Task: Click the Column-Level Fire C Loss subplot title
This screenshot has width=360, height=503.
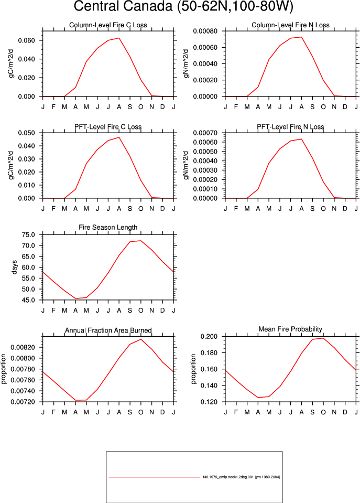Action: [108, 25]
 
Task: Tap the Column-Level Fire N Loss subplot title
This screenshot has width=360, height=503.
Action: [290, 25]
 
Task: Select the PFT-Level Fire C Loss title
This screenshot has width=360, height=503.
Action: [108, 127]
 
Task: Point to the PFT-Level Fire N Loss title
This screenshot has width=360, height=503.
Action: [290, 127]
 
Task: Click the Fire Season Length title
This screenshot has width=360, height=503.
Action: [108, 228]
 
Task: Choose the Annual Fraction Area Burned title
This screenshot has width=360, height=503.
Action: [108, 330]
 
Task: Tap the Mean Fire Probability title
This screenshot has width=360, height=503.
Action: [290, 329]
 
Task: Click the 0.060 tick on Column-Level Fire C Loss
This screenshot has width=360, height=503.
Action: [26, 40]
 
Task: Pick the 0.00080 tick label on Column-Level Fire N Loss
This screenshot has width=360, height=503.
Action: [205, 31]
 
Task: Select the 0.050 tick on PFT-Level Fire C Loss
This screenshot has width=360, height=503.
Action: [26, 133]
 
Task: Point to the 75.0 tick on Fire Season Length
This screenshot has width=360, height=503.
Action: [28, 235]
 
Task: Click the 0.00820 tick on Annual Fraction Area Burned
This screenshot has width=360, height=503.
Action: [23, 347]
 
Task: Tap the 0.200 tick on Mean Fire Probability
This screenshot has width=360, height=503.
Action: [209, 337]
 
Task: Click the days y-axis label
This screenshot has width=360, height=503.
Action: [14, 267]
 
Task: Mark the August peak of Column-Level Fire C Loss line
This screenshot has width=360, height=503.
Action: [119, 38]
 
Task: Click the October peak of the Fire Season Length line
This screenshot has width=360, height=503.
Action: [141, 241]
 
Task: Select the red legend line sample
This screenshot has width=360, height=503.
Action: [154, 477]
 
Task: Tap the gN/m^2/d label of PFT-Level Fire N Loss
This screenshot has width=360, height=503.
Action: [186, 165]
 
